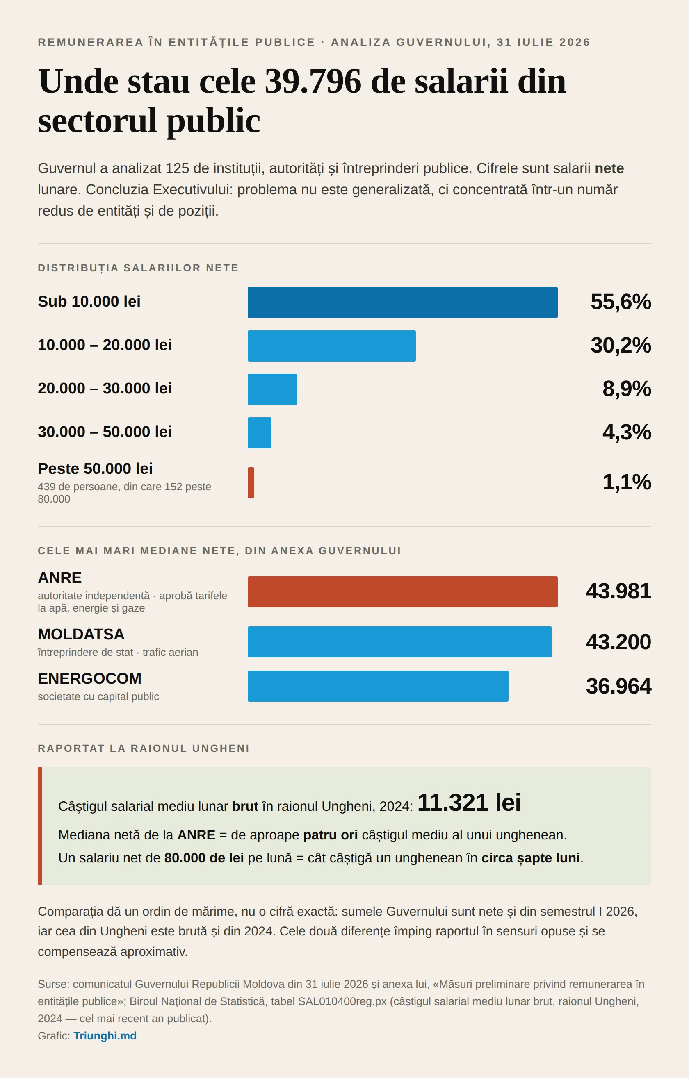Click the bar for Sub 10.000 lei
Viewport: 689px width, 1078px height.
(x=402, y=302)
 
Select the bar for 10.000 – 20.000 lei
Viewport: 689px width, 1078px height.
(x=331, y=346)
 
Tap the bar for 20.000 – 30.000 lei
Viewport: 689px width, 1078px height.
(x=272, y=389)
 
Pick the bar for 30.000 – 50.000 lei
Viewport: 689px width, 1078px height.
(x=259, y=432)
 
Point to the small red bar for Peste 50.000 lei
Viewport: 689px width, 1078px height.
(x=251, y=482)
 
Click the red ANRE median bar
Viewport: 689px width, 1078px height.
(x=402, y=591)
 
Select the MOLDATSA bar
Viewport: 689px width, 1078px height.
(x=399, y=641)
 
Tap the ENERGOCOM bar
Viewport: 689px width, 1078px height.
(x=378, y=686)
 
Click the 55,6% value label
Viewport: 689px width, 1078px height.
(x=621, y=302)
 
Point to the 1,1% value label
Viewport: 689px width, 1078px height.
(x=627, y=482)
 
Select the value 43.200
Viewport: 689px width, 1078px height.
(x=618, y=641)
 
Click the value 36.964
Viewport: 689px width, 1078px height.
(x=618, y=686)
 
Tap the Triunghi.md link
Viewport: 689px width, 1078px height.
(x=105, y=1035)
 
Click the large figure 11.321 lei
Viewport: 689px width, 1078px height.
(x=469, y=802)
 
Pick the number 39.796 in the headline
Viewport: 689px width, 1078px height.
(x=313, y=81)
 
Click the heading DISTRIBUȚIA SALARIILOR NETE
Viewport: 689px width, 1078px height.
(x=138, y=268)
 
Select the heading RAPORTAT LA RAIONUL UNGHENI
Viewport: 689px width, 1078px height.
(x=144, y=748)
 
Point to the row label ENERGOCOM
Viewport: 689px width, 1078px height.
(x=89, y=678)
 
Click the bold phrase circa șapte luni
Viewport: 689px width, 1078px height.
(x=530, y=858)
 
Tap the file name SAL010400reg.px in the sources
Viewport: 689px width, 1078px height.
(x=342, y=1001)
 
